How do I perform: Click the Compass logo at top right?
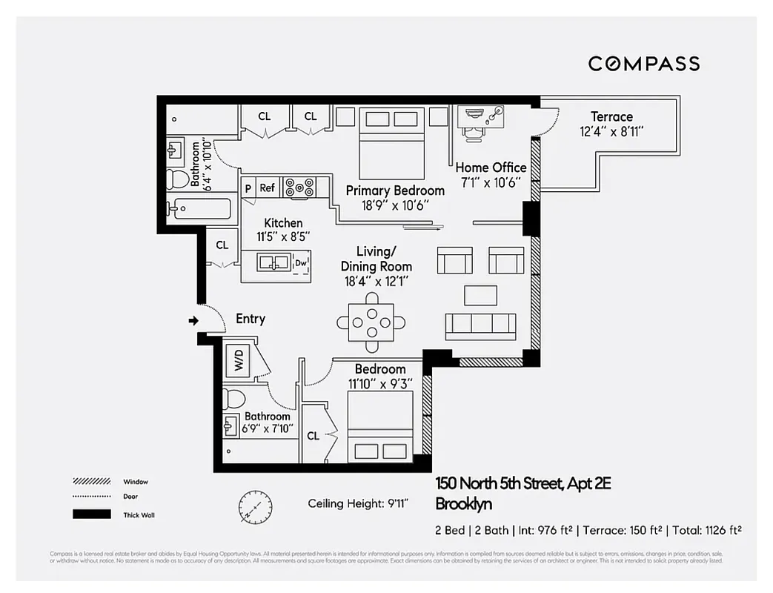[x=643, y=64]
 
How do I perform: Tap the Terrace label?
[x=611, y=116]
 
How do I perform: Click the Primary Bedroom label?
[x=395, y=191]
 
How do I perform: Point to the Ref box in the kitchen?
[x=267, y=188]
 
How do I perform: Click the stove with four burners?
[x=300, y=186]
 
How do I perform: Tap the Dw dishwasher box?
[x=300, y=262]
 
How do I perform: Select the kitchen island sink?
[x=273, y=262]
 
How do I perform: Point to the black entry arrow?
[x=193, y=321]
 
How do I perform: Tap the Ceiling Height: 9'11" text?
[x=358, y=504]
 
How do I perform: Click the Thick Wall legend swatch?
[x=91, y=514]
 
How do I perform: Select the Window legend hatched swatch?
[x=91, y=481]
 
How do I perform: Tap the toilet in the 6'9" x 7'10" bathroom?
[x=233, y=399]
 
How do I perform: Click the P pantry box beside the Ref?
[x=248, y=188]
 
